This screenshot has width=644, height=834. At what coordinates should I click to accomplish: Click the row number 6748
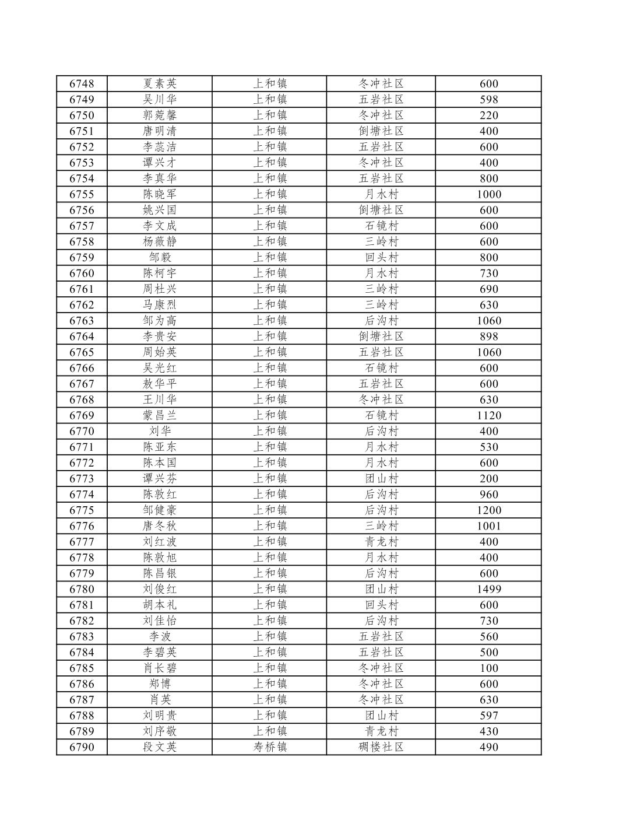(82, 83)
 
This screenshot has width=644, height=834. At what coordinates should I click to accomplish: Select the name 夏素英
(160, 83)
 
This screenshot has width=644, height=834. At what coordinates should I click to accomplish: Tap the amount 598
(488, 99)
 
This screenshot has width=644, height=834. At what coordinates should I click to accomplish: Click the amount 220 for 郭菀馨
(488, 115)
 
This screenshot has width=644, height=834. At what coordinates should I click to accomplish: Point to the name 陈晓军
(160, 194)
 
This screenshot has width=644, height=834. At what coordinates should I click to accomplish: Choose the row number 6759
(82, 257)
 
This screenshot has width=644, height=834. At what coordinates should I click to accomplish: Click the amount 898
(488, 336)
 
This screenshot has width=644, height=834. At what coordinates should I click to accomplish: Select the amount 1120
(488, 415)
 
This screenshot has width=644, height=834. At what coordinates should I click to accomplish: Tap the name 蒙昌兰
(160, 415)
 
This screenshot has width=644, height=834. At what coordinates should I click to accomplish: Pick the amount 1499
(488, 589)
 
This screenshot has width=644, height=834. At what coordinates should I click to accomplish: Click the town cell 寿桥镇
(270, 747)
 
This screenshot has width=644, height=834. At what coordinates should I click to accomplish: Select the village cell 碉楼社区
(381, 747)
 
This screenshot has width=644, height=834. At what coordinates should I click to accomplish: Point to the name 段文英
(160, 747)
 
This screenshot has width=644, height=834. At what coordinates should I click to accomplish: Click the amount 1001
(488, 526)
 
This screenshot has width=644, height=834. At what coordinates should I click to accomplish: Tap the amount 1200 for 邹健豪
(488, 510)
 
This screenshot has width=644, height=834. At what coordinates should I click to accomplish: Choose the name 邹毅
(160, 257)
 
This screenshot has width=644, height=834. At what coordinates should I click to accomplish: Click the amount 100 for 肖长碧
(488, 668)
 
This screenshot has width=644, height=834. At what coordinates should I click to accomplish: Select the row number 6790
(82, 747)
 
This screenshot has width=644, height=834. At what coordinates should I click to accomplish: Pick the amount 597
(488, 716)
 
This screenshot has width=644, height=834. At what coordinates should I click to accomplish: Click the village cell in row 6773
(381, 479)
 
